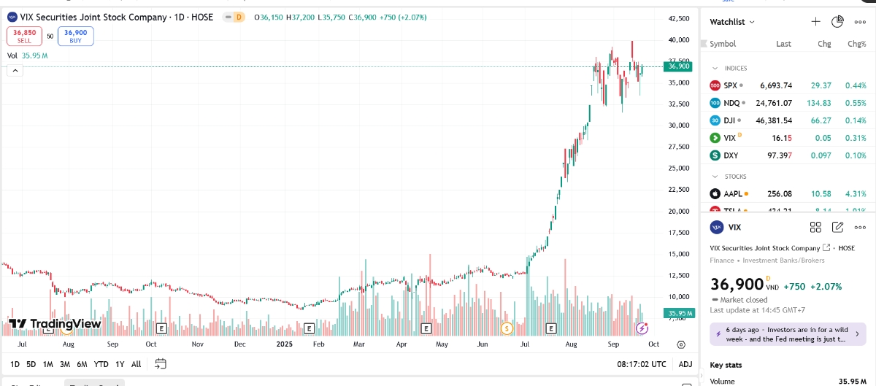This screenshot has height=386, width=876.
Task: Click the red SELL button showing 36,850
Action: click(24, 36)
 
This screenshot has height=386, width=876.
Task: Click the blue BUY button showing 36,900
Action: click(75, 36)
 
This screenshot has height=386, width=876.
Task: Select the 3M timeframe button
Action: click(65, 364)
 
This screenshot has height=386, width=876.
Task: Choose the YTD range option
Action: click(101, 364)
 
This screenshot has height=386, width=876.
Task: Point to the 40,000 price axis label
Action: click(679, 39)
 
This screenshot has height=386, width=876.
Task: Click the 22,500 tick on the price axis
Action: click(679, 190)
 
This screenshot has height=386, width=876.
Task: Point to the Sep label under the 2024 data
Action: click(112, 344)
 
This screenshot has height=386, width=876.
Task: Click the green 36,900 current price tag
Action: click(678, 66)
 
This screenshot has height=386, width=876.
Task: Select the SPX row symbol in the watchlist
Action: click(730, 85)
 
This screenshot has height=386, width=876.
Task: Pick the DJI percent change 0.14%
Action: click(855, 120)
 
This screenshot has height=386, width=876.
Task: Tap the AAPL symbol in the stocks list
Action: click(732, 194)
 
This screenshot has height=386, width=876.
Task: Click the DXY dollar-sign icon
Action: click(715, 155)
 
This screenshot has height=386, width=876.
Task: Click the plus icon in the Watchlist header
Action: click(816, 22)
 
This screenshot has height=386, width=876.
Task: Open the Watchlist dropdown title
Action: click(732, 22)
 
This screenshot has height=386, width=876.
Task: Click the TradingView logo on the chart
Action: click(55, 323)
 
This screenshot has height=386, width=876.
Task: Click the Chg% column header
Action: click(856, 44)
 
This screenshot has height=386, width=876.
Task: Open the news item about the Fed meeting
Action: click(787, 334)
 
